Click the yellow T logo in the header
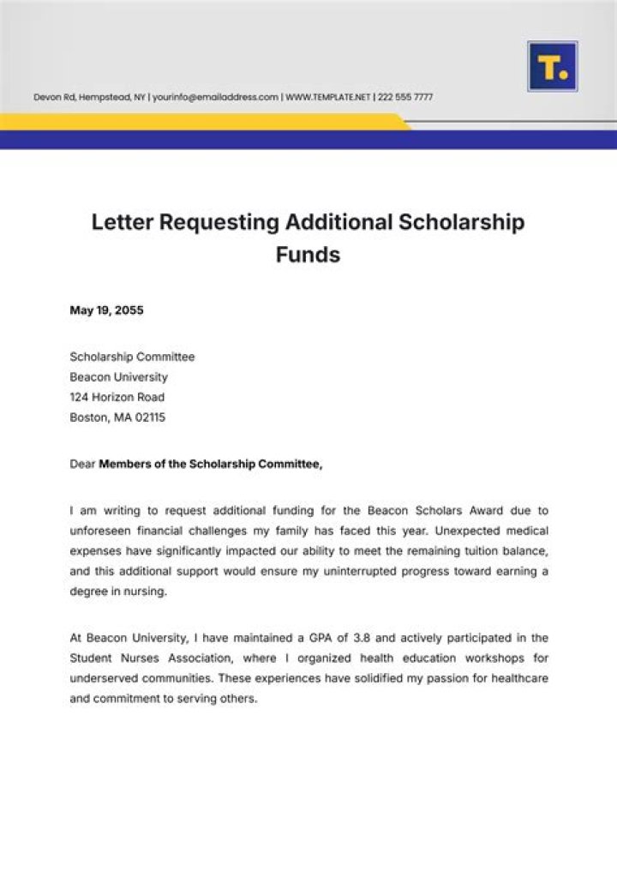click(552, 67)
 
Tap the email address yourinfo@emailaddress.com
click(215, 98)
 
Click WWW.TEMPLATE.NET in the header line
click(327, 98)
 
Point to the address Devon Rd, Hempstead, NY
click(89, 98)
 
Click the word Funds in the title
click(308, 255)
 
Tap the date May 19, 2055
click(106, 310)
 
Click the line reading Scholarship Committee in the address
click(132, 357)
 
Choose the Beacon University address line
click(118, 377)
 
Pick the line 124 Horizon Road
click(117, 398)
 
